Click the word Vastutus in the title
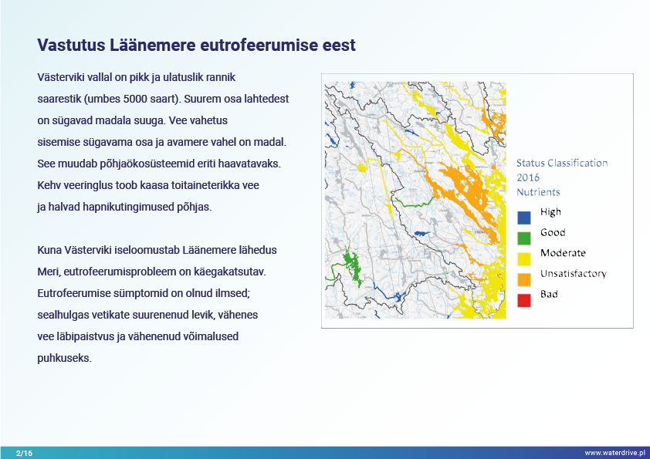(71, 46)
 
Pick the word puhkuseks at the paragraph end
(64, 359)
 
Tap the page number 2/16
(24, 453)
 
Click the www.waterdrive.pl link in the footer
(615, 453)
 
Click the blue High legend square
(524, 218)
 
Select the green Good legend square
(524, 238)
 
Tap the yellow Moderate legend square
(524, 259)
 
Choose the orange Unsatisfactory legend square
(524, 279)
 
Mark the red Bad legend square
(524, 300)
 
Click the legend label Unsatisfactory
(574, 274)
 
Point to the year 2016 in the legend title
(528, 177)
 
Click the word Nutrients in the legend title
(538, 192)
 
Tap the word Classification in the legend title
(577, 164)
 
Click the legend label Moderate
(563, 253)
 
